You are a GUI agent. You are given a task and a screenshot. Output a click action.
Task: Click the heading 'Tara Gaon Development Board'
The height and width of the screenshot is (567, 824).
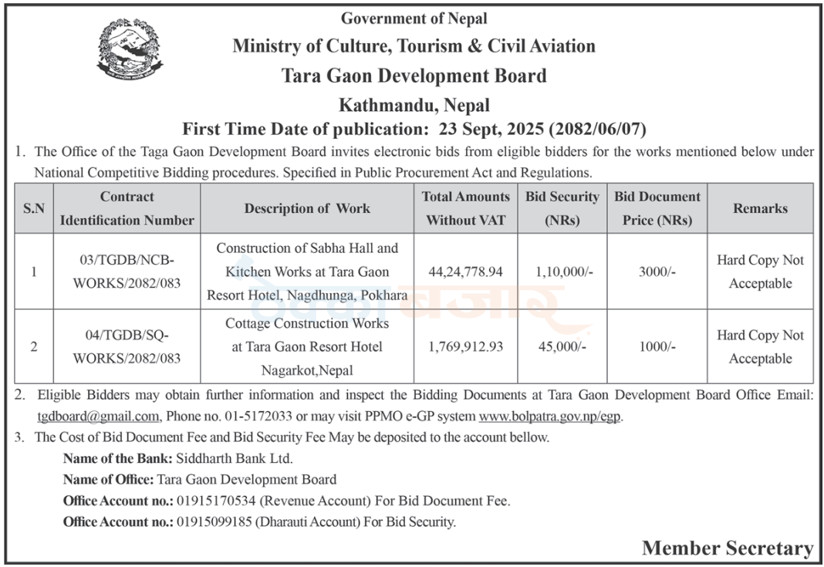[414, 76]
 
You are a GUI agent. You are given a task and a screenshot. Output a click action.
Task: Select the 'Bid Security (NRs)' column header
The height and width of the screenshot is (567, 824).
[562, 208]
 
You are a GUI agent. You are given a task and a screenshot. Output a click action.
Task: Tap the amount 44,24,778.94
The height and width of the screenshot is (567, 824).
[465, 272]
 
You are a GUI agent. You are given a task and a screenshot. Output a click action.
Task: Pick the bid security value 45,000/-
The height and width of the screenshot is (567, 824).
[562, 347]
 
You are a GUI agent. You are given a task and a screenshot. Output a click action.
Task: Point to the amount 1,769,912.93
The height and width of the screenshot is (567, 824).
[465, 347]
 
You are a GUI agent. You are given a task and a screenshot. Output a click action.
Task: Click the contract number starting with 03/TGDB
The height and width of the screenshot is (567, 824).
[127, 272]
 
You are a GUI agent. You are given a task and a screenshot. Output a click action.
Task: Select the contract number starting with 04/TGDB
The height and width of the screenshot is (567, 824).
[127, 347]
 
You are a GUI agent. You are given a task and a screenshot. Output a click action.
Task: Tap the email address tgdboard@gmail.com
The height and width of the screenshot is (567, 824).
[98, 417]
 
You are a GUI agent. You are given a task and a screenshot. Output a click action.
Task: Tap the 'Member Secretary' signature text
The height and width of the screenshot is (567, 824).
[727, 548]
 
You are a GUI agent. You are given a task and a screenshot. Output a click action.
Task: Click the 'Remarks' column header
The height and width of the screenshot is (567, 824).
[760, 208]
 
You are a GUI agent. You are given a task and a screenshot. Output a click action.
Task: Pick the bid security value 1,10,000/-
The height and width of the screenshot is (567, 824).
[562, 272]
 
